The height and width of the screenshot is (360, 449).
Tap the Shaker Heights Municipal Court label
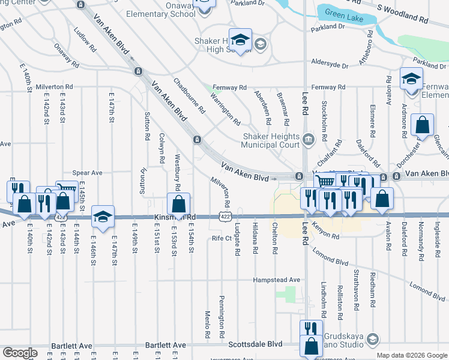pos(270,140)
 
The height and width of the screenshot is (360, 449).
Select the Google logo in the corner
pos(20,353)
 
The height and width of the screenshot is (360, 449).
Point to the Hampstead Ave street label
pos(276,280)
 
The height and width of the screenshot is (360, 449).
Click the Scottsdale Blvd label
pos(255,345)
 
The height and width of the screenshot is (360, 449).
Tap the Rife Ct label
pos(221,238)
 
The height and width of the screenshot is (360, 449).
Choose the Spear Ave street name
pos(88,172)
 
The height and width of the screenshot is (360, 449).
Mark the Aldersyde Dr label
pos(330,61)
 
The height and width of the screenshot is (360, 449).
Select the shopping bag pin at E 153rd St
pos(179,205)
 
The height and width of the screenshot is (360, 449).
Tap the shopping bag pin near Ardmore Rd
pos(423,127)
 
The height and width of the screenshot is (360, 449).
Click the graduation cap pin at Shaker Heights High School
pos(240,40)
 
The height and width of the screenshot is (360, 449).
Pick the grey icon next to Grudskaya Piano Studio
pos(372,340)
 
